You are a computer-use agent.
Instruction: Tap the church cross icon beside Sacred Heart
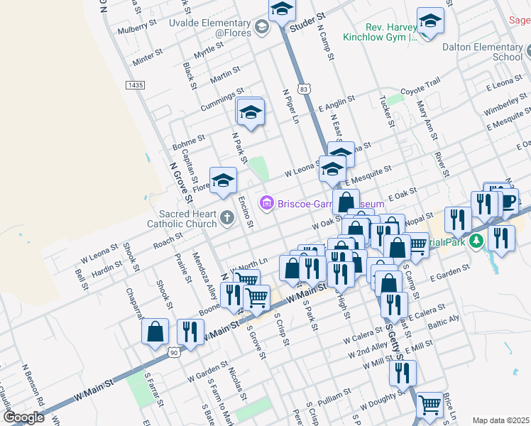226,217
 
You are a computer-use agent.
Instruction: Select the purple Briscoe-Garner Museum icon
266,204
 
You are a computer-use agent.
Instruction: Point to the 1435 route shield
134,84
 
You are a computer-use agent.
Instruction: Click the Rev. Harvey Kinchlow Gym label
378,31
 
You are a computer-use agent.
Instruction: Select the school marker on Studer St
281,10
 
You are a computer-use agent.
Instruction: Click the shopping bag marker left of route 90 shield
155,332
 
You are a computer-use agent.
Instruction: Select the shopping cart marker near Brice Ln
429,405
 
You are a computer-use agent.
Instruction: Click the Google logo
23,417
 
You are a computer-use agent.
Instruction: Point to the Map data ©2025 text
500,420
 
